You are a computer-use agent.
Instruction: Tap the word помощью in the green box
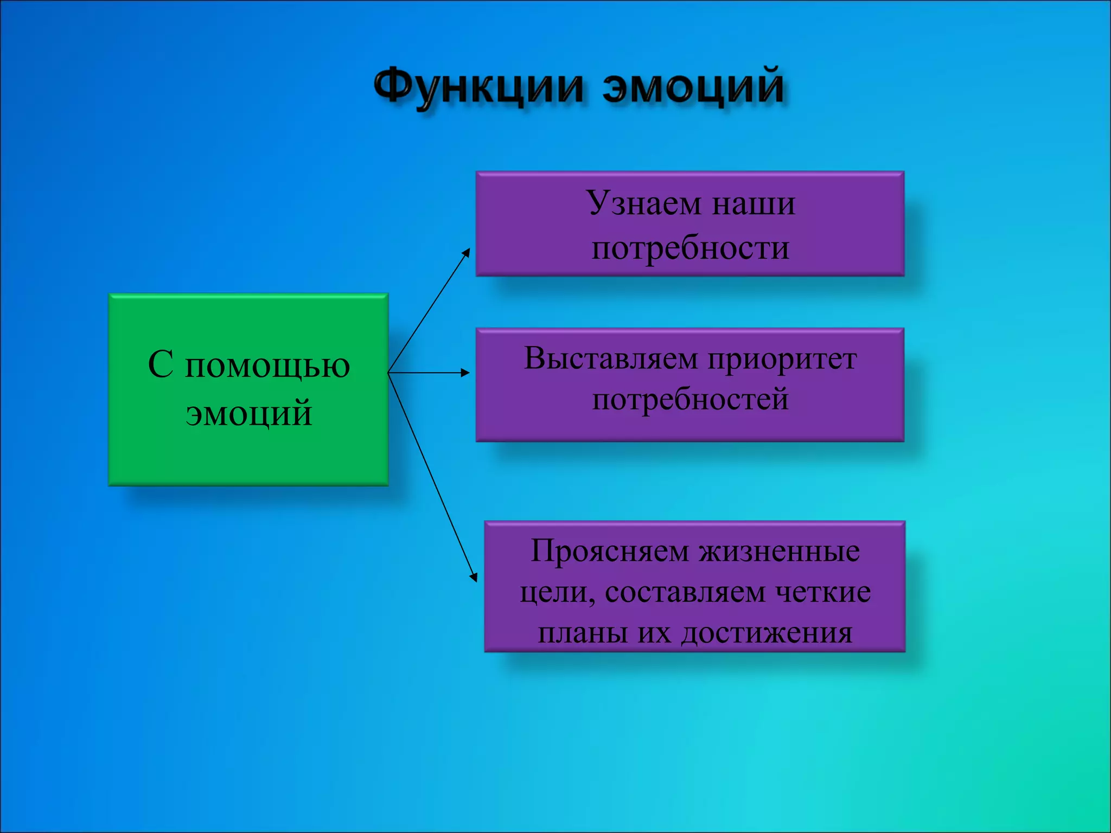tap(267, 366)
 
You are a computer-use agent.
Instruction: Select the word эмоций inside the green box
tap(249, 413)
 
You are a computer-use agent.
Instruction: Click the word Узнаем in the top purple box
tap(644, 204)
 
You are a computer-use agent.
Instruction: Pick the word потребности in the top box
tap(690, 249)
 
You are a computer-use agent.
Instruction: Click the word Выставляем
tap(611, 359)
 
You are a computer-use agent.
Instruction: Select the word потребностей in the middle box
tap(690, 400)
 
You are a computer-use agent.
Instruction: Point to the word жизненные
tap(779, 552)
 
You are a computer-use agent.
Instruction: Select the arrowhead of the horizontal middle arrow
tap(465, 373)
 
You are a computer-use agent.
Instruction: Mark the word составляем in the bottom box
tap(685, 592)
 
